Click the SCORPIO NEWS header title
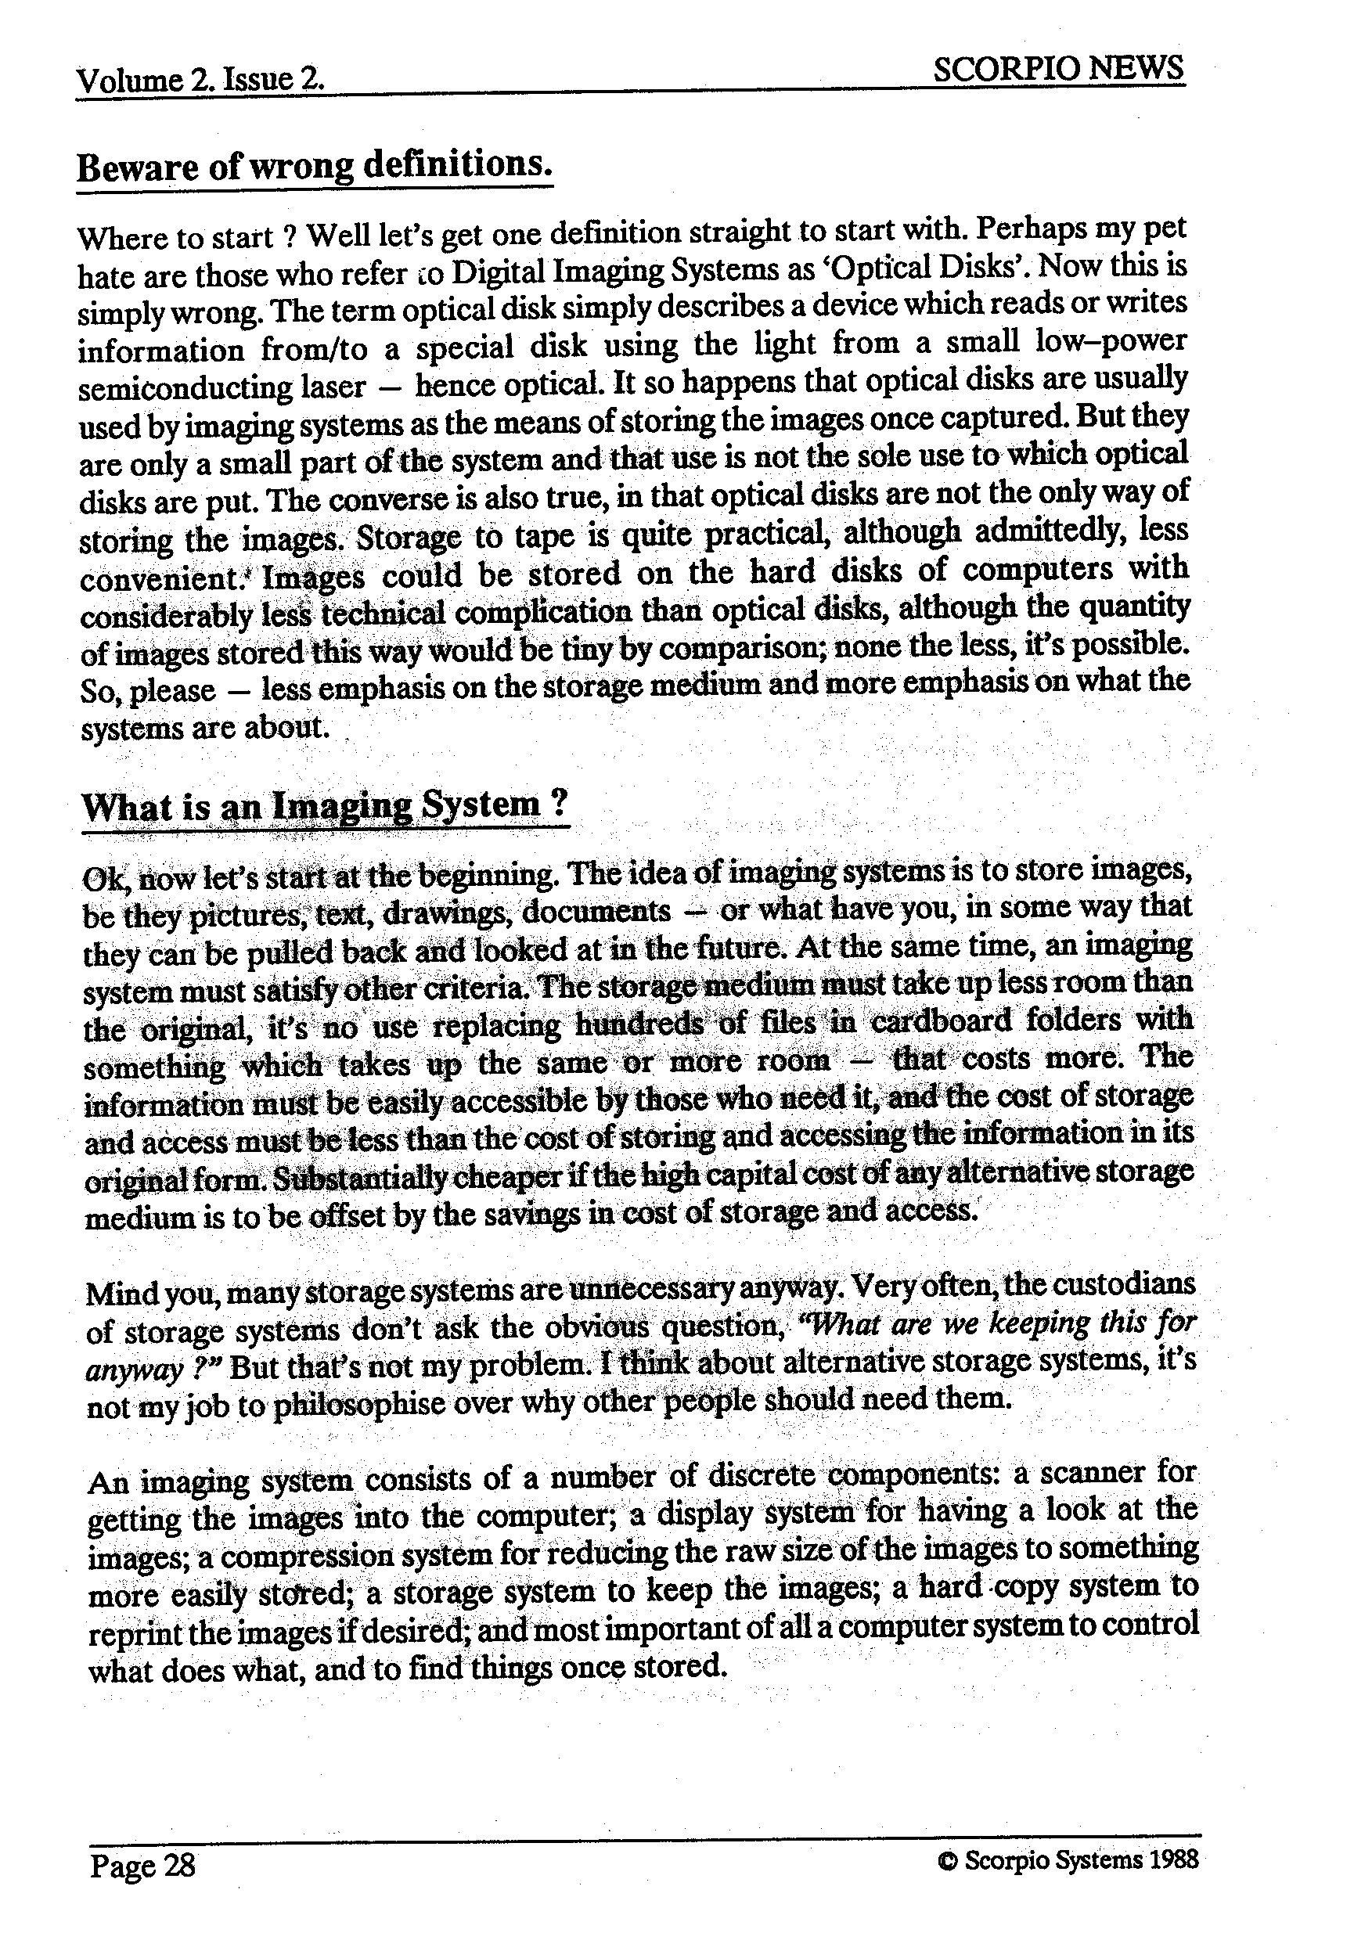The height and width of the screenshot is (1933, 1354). click(x=1057, y=69)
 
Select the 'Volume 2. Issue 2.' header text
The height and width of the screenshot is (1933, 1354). click(x=200, y=81)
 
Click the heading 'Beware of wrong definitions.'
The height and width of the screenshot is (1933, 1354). click(x=315, y=165)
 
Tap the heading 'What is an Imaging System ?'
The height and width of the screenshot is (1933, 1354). click(x=325, y=806)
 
